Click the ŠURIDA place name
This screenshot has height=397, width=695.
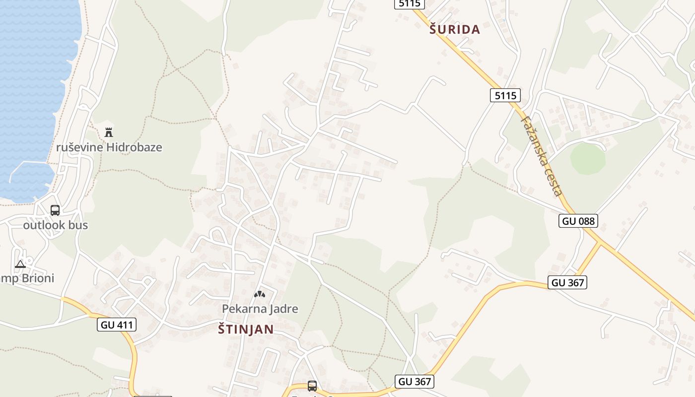pyautogui.click(x=455, y=30)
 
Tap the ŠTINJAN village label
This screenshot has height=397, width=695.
pyautogui.click(x=246, y=329)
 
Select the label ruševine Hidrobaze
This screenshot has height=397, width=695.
pyautogui.click(x=109, y=147)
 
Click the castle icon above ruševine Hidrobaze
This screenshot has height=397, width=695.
pyautogui.click(x=109, y=132)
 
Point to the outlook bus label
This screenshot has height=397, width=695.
pyautogui.click(x=55, y=225)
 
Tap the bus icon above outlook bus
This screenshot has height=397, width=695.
pyautogui.click(x=55, y=210)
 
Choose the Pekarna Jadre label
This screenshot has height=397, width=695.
pyautogui.click(x=260, y=309)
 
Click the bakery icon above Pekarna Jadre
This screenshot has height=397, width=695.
pyautogui.click(x=259, y=294)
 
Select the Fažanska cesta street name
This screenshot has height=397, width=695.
pyautogui.click(x=542, y=156)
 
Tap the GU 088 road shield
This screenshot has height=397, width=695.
pyautogui.click(x=578, y=221)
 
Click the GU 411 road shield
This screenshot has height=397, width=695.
pyautogui.click(x=117, y=325)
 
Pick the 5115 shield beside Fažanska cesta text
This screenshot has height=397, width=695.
pyautogui.click(x=505, y=95)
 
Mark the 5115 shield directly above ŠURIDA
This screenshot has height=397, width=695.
pyautogui.click(x=410, y=3)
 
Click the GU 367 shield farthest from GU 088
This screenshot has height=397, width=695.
pyautogui.click(x=415, y=382)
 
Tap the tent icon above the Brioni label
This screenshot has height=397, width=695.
pyautogui.click(x=20, y=264)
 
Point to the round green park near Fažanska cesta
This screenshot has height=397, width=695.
pyautogui.click(x=588, y=159)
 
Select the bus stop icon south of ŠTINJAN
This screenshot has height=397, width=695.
pyautogui.click(x=312, y=386)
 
